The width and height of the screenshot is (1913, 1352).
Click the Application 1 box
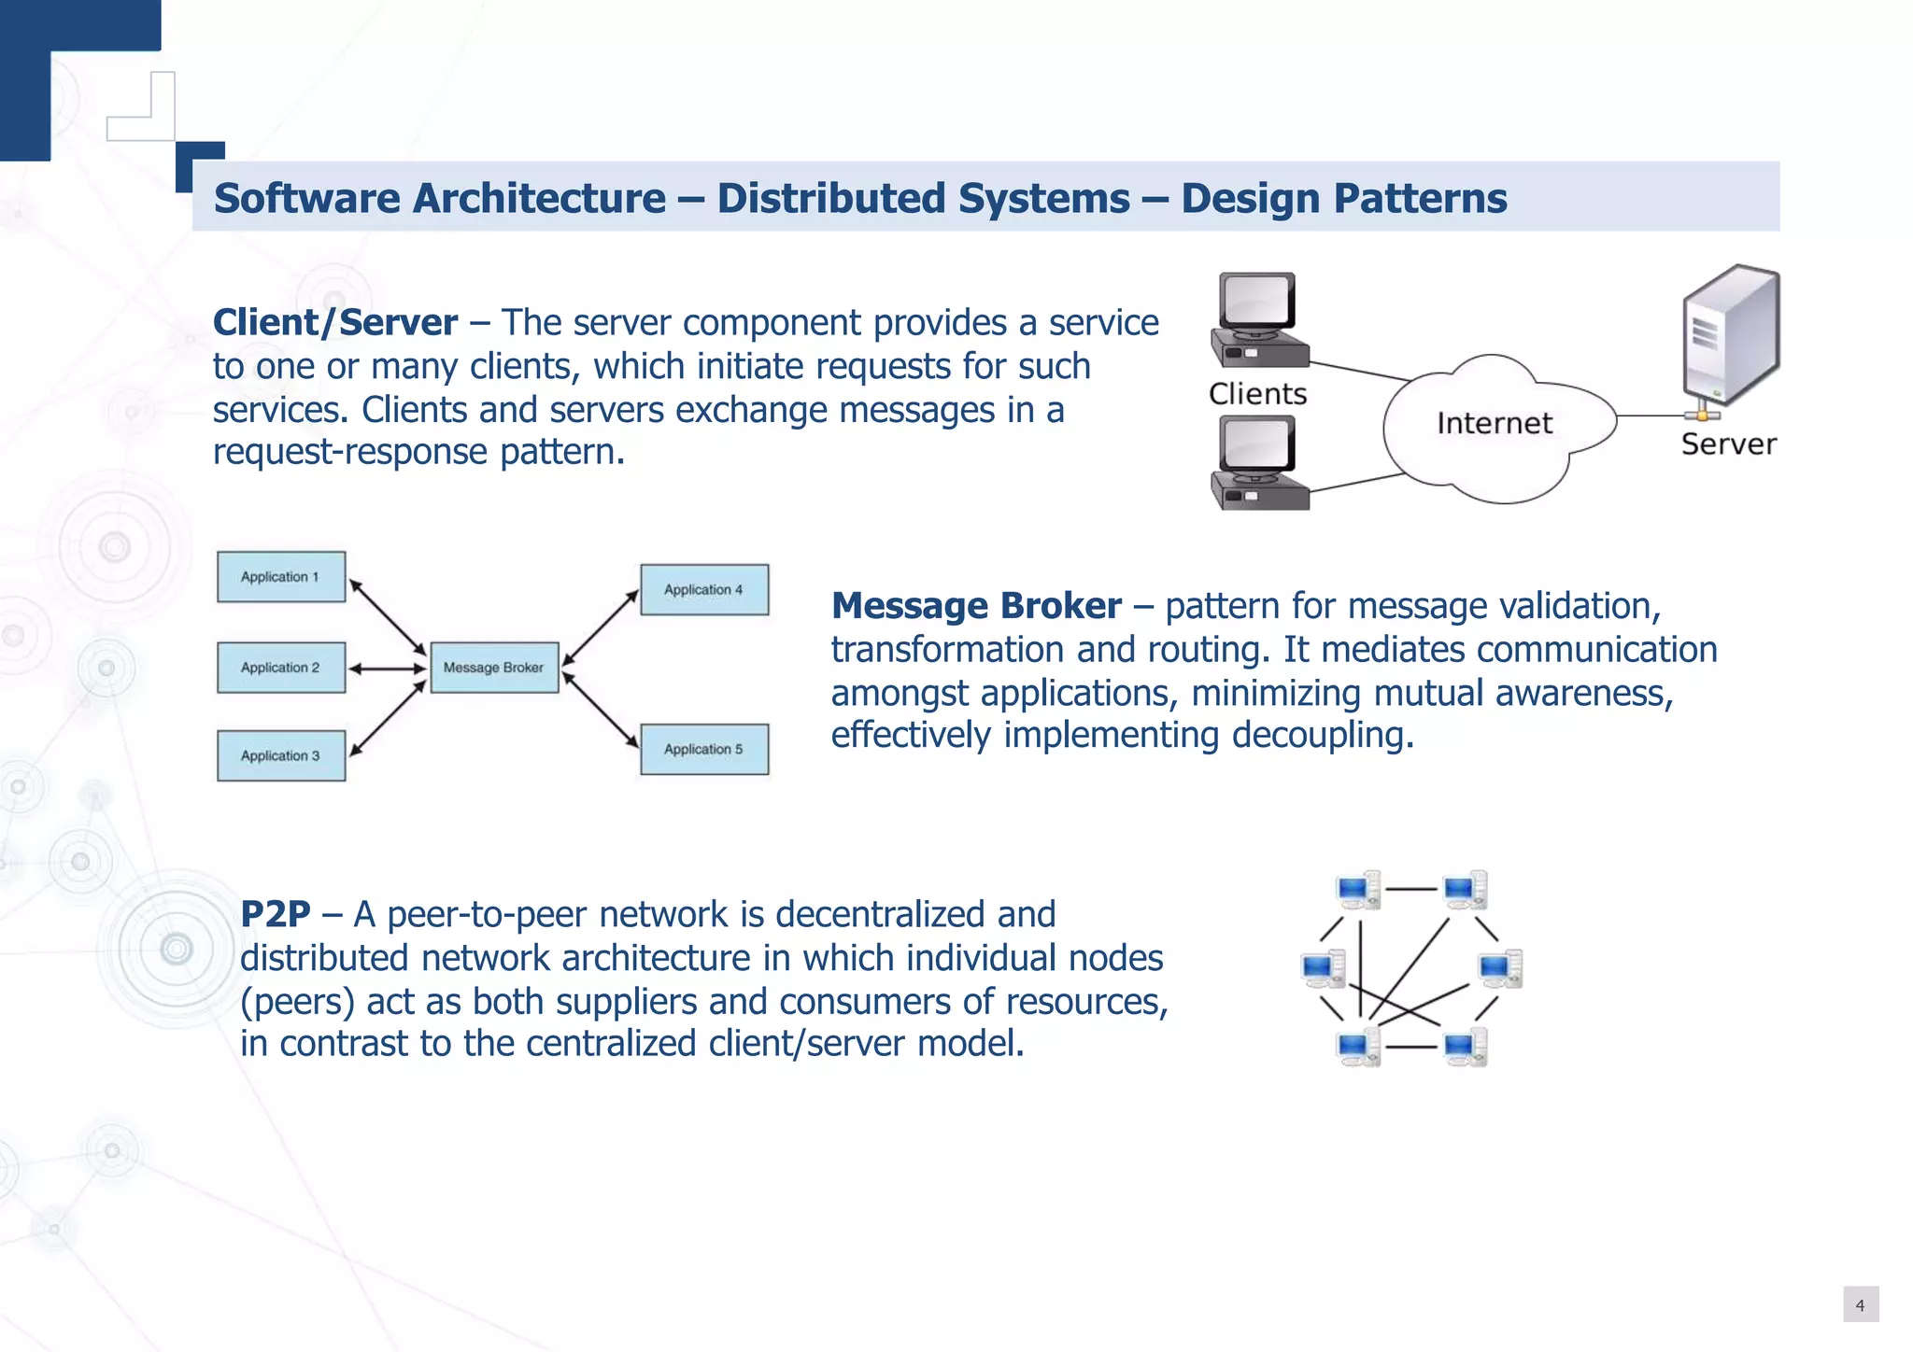[281, 577]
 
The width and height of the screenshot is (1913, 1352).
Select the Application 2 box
[281, 668]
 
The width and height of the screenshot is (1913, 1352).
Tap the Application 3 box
[281, 755]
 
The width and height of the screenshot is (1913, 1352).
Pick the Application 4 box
[704, 590]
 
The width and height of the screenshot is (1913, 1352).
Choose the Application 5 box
[704, 750]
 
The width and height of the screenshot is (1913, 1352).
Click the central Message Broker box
[494, 668]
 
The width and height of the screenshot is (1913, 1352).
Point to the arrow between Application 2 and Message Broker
[388, 669]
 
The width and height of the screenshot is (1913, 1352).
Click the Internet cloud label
[1494, 424]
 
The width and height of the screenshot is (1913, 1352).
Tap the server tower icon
[1730, 336]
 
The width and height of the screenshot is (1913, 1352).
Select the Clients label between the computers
[1257, 394]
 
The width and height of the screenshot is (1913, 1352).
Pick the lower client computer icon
[1258, 463]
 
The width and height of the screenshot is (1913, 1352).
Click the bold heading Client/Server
[335, 323]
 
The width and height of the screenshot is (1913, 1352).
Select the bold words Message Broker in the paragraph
[976, 606]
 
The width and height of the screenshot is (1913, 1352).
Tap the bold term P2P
[275, 914]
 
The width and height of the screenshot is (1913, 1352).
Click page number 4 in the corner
[1860, 1305]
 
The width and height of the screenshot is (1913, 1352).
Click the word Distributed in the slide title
[923, 199]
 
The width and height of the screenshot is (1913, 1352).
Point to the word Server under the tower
[1728, 444]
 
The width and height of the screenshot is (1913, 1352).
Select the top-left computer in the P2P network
[1358, 890]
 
